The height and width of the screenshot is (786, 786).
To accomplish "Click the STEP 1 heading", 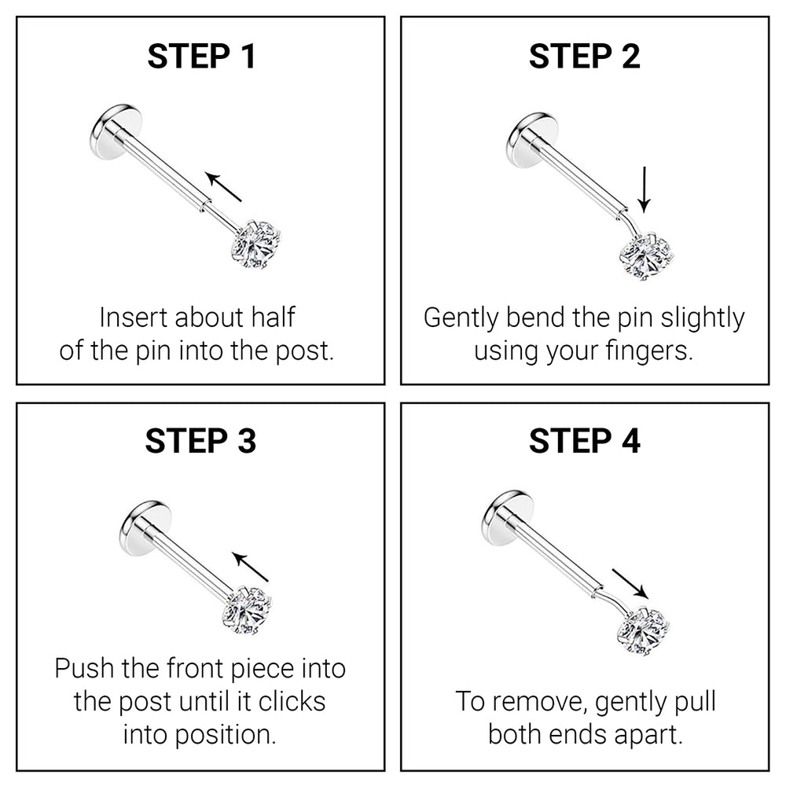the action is (201, 56).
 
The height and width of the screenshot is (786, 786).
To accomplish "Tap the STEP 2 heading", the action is (585, 56).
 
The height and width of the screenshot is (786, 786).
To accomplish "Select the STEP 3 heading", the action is (200, 441).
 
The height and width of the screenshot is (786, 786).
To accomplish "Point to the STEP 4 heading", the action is (585, 441).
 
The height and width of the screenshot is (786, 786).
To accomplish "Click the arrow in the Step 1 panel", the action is (223, 187).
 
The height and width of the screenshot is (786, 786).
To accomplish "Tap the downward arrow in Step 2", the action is (645, 190).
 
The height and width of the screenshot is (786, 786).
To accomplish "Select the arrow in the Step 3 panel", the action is (250, 567).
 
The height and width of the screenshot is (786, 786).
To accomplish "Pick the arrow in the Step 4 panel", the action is (630, 583).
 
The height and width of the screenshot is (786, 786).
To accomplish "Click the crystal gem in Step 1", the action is (256, 244).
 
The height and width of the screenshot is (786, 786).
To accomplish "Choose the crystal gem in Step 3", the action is (248, 611).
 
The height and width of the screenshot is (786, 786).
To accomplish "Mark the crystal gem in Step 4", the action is (643, 630).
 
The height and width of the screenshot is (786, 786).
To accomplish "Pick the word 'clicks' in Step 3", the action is (292, 701).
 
